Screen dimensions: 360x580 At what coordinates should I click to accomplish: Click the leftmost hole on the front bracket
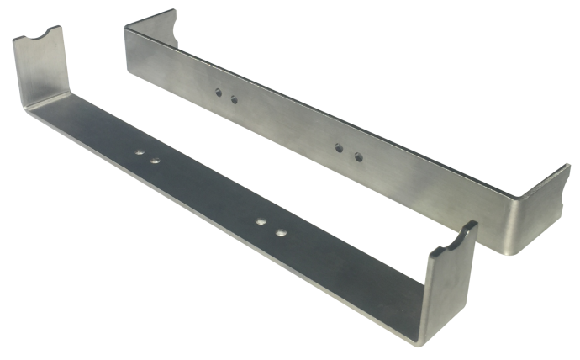140,153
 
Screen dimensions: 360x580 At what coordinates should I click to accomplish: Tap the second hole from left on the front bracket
156,159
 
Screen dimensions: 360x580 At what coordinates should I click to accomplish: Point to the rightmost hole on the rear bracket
357,157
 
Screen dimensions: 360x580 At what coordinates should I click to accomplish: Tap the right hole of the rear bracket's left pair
234,100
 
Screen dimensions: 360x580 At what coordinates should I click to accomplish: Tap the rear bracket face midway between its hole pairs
286,126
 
